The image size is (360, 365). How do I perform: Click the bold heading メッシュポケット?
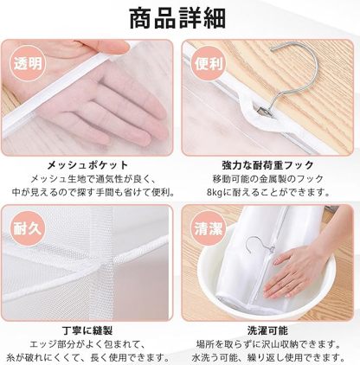pyautogui.click(x=90, y=164)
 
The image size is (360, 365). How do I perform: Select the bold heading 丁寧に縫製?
pyautogui.click(x=90, y=330)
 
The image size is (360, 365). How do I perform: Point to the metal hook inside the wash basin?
pyautogui.click(x=260, y=252)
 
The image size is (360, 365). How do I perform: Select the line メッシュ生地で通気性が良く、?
pyautogui.click(x=90, y=180)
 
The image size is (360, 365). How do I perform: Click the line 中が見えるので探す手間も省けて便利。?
pyautogui.click(x=90, y=195)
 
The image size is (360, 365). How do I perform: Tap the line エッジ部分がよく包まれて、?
pyautogui.click(x=90, y=344)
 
